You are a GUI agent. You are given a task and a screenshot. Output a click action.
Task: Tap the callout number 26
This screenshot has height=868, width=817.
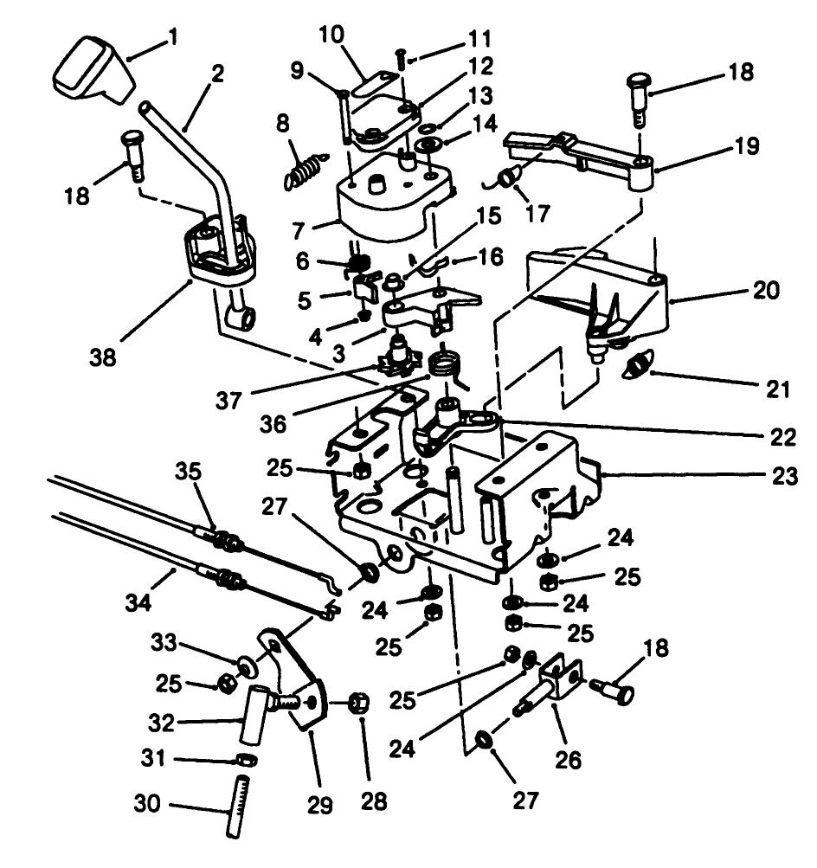click(568, 759)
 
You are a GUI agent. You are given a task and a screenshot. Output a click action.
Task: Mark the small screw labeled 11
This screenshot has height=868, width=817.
click(402, 58)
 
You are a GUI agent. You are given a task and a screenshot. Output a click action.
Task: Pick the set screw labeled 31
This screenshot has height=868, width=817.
click(246, 762)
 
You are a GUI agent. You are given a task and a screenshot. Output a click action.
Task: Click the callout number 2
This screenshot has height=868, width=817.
click(216, 74)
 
